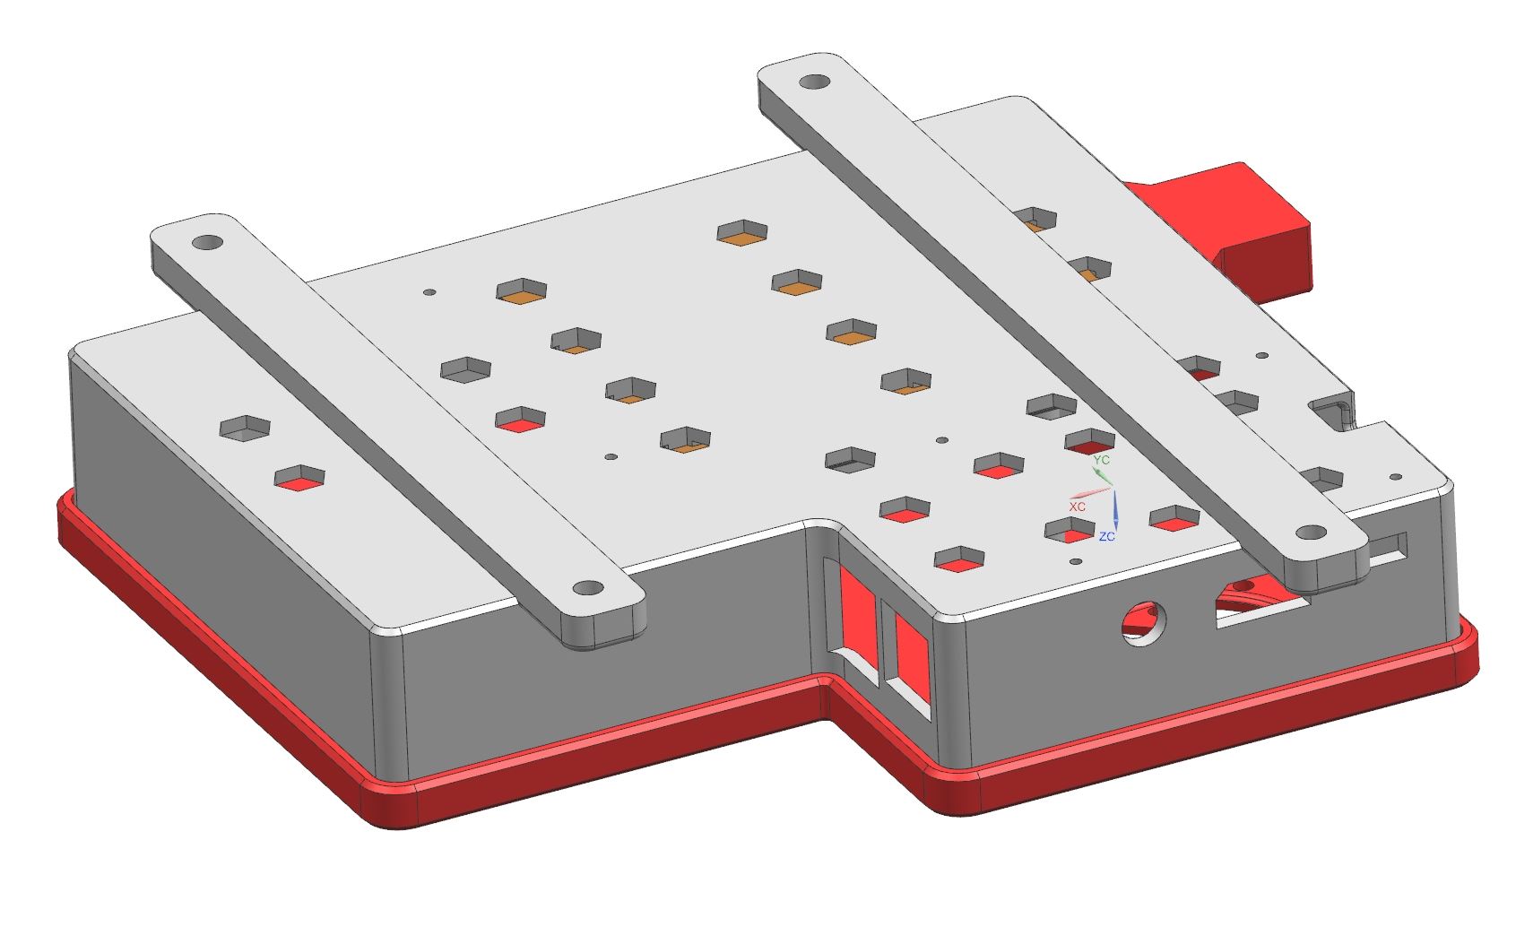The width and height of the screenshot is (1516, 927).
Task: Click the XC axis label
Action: pos(1077,507)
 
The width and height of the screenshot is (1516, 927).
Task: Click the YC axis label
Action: pos(1102,460)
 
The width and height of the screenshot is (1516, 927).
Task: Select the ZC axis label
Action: pos(1107,536)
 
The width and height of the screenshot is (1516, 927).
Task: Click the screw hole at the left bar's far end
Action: pos(208,242)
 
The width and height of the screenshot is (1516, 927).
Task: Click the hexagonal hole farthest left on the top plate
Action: pos(245,428)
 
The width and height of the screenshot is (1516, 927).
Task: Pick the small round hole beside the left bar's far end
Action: pos(429,292)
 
